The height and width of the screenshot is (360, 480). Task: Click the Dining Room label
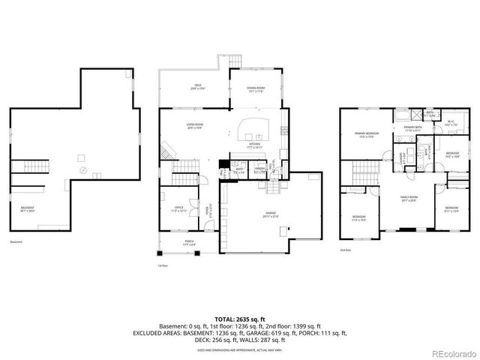coord(256,89)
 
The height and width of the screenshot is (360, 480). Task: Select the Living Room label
coord(195,126)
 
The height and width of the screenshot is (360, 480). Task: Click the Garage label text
coord(270,214)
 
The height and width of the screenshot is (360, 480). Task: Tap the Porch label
coord(188,243)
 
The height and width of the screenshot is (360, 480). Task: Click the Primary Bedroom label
coord(367,135)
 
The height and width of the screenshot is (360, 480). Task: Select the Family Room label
coord(409,199)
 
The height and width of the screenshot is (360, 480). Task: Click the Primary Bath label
coord(414,129)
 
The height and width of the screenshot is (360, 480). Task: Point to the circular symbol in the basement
coord(83,170)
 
